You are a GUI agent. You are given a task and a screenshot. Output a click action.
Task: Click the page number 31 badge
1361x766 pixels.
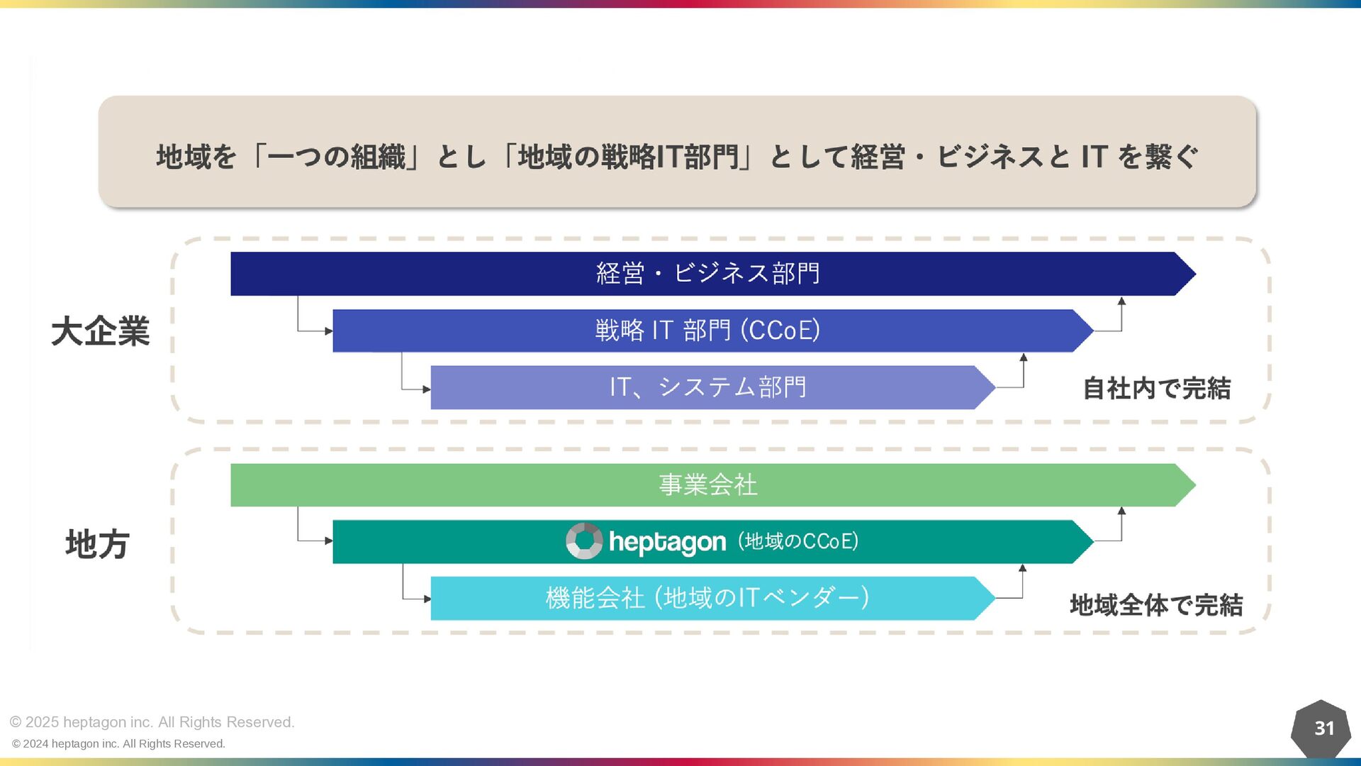point(1323,728)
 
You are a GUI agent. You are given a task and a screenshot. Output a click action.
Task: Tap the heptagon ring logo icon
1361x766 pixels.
point(584,541)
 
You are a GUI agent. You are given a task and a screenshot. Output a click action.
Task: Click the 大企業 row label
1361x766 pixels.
point(101,331)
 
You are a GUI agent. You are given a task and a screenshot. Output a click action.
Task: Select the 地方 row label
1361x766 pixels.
point(97,544)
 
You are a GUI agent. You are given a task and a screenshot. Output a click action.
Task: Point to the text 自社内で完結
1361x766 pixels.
point(1157,389)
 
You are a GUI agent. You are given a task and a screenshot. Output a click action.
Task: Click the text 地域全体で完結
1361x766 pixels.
point(1156,605)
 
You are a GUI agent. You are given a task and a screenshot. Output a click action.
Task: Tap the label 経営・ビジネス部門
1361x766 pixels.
point(707,274)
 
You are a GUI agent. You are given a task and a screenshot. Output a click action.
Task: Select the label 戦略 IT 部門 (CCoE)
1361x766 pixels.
point(707,331)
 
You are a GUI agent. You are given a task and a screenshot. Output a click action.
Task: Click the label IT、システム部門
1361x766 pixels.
point(707,387)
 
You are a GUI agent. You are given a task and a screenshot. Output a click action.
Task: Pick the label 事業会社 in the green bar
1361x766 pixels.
point(707,485)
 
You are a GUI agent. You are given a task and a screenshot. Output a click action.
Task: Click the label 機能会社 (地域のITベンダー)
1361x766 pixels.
point(707,598)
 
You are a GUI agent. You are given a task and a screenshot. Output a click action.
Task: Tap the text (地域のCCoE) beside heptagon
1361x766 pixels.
point(798,541)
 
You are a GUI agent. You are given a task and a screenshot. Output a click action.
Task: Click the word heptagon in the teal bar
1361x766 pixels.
point(667,542)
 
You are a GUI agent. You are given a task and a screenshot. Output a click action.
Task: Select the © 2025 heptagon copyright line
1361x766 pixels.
point(152,722)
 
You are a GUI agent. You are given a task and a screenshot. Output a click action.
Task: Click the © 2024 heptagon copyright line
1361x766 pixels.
point(119,743)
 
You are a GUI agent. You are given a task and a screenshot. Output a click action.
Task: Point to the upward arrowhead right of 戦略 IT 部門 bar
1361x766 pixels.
point(1121,301)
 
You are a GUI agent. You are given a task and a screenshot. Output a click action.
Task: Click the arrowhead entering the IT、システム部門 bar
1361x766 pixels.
point(427,389)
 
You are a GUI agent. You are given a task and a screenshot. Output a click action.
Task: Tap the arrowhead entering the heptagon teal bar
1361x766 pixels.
point(329,540)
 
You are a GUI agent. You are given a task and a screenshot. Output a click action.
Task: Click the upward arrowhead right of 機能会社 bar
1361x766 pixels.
point(1023,568)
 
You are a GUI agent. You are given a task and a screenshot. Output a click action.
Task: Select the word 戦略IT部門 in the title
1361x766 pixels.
point(670,157)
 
